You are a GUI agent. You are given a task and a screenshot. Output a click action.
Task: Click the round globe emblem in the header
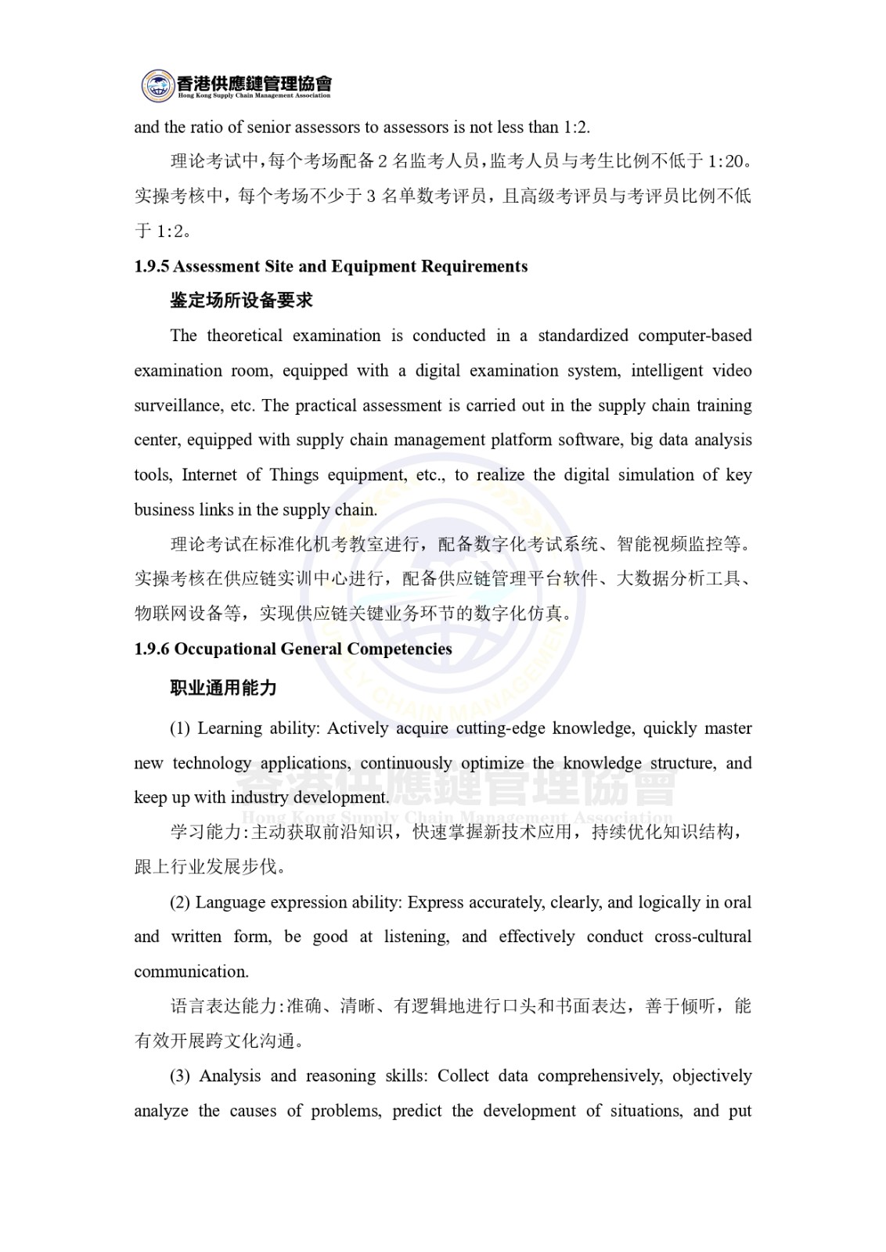157,85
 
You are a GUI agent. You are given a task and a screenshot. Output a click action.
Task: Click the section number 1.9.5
151,267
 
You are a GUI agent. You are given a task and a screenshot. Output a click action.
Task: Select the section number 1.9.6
151,649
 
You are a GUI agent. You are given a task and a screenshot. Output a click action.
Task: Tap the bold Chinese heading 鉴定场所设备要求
242,300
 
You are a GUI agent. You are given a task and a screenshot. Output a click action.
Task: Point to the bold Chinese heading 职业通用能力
224,689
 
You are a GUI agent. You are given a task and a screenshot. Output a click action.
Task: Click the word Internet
209,475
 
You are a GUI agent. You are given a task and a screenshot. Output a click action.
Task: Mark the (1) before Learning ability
180,729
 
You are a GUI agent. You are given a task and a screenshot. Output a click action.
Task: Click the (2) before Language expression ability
180,903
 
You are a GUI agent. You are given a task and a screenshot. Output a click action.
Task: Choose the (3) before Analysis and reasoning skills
180,1077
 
